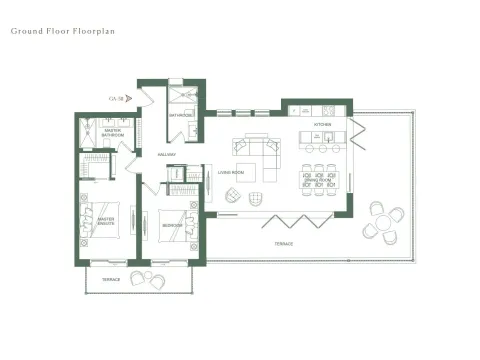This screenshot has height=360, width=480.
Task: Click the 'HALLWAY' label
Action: click(x=166, y=154)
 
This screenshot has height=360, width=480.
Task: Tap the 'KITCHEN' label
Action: click(x=322, y=124)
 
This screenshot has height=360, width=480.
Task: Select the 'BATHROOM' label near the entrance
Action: click(x=181, y=115)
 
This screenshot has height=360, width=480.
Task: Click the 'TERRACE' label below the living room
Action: click(x=270, y=244)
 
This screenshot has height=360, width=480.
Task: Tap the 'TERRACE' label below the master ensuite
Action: click(x=110, y=279)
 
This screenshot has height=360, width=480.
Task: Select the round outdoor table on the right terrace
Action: click(x=383, y=219)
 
